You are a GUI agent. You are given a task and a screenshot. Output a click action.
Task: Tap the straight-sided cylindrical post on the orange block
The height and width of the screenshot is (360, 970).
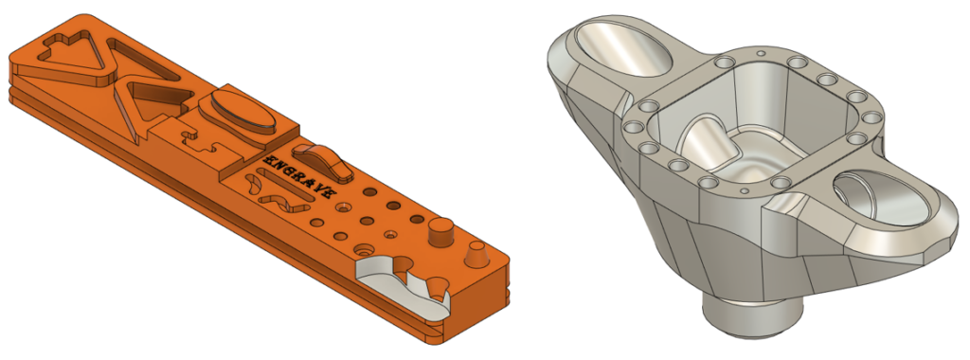(x=440, y=232)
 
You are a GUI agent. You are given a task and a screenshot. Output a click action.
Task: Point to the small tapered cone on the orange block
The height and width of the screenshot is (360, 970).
(x=476, y=254)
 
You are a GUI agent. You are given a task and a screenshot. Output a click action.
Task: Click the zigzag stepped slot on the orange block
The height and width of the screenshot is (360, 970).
(x=198, y=140)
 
